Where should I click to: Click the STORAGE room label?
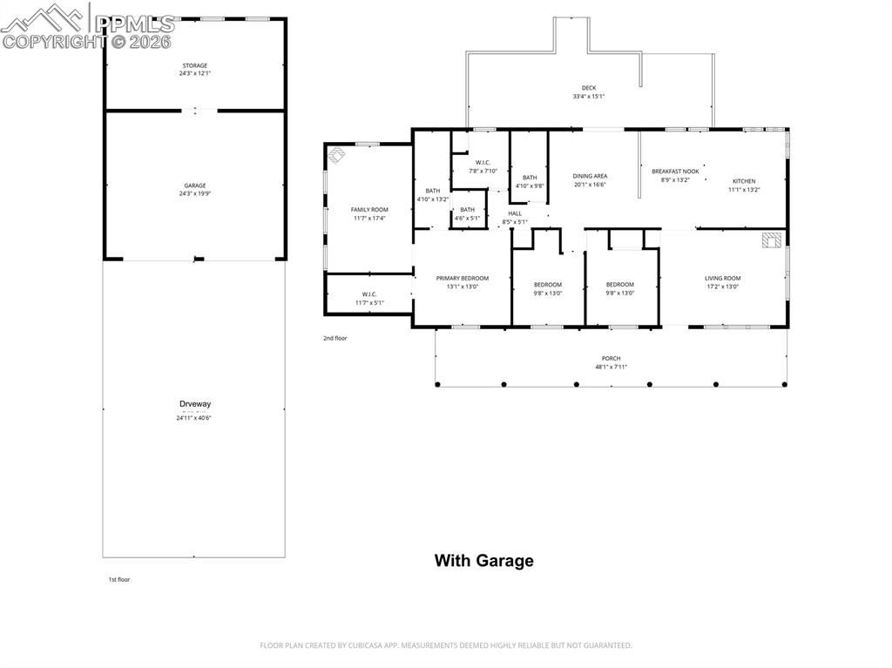[x=195, y=65]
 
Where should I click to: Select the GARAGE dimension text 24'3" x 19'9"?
[x=195, y=193]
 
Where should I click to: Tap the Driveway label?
[x=195, y=404]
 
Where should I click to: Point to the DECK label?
[x=589, y=88]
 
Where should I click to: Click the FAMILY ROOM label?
[x=369, y=210]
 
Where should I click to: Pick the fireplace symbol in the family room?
[x=336, y=156]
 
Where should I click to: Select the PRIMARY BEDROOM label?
[x=462, y=278]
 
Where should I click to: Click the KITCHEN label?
[x=744, y=181]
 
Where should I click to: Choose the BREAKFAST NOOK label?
[x=675, y=172]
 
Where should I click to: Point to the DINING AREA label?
[x=590, y=176]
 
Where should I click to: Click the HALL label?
[x=515, y=213]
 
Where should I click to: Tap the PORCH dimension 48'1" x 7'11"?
[x=611, y=367]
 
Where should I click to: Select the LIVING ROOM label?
[x=722, y=278]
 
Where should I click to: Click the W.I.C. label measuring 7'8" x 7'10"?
[x=483, y=163]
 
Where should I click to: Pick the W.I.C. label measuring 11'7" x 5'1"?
[x=369, y=294]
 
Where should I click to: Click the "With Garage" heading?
[x=483, y=561]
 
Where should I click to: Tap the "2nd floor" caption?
[x=334, y=338]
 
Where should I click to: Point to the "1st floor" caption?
[x=118, y=579]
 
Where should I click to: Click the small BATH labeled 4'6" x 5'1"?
[x=468, y=209]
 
